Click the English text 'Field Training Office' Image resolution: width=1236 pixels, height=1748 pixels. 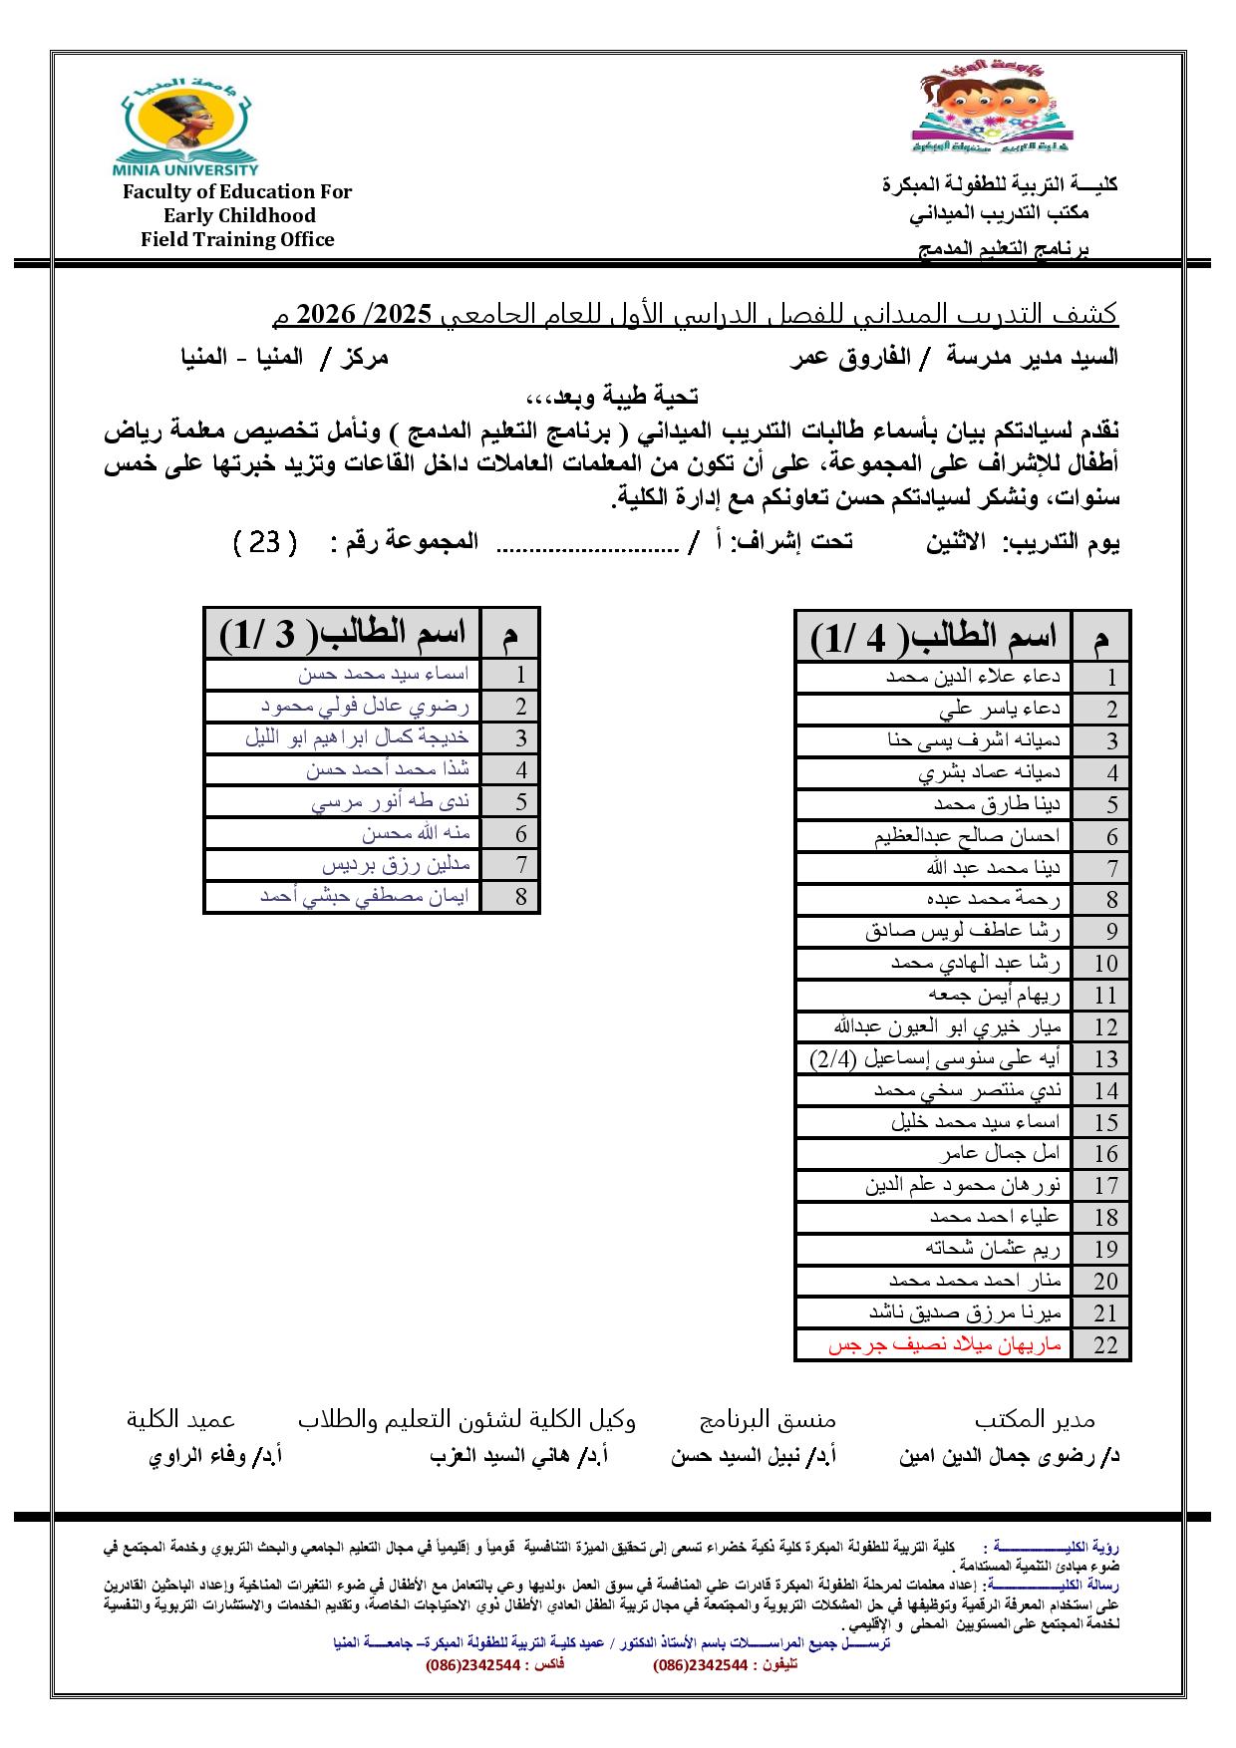pyautogui.click(x=237, y=239)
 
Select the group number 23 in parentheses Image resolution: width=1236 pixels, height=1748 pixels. pyautogui.click(x=265, y=543)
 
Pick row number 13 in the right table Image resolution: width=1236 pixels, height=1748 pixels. pyautogui.click(x=1105, y=1059)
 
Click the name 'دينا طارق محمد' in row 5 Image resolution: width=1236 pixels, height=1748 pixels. pyautogui.click(x=997, y=804)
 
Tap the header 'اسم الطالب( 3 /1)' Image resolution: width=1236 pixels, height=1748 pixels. pyautogui.click(x=343, y=633)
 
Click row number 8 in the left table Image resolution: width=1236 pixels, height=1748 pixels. pyautogui.click(x=520, y=897)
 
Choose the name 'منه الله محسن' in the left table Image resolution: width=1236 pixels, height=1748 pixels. pyautogui.click(x=416, y=833)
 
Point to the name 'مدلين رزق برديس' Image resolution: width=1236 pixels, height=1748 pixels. pyautogui.click(x=396, y=865)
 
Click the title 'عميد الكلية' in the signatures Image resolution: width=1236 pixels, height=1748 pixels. pyautogui.click(x=180, y=1419)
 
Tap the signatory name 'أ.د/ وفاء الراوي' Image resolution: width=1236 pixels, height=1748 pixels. pyautogui.click(x=214, y=1456)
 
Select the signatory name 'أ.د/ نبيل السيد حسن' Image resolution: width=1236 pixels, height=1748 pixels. pyautogui.click(x=754, y=1456)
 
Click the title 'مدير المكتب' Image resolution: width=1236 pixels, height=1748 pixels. pyautogui.click(x=1035, y=1419)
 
